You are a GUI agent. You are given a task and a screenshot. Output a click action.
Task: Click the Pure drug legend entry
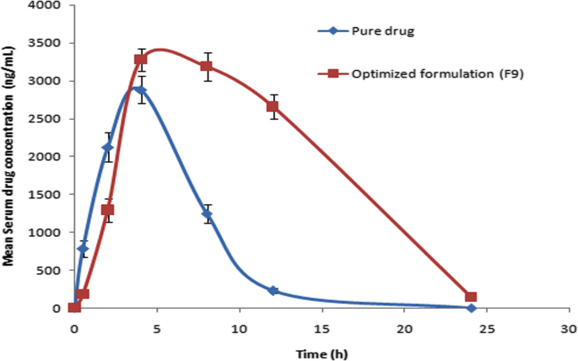tap(364, 32)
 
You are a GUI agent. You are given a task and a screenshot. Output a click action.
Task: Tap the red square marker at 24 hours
tap(471, 297)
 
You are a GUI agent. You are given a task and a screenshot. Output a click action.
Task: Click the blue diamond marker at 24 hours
tap(471, 308)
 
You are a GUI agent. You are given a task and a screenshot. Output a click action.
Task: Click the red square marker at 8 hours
tap(207, 66)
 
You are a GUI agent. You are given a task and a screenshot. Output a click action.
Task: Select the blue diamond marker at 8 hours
tap(207, 214)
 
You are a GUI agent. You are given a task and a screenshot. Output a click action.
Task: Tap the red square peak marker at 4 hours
tap(141, 59)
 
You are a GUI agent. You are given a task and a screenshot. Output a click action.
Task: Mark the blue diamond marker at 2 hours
tap(107, 148)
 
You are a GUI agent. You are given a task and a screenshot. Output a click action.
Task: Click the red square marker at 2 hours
tap(107, 210)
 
